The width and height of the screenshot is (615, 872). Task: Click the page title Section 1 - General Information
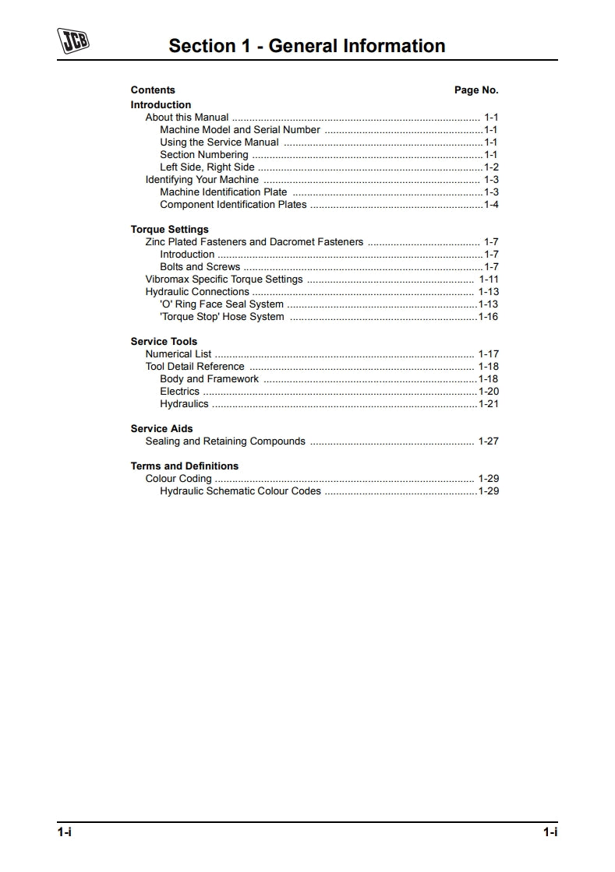(x=307, y=46)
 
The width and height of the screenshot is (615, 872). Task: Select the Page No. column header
(x=475, y=90)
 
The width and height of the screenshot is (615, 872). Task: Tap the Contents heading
(x=153, y=90)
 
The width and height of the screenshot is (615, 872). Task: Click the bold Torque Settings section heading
(x=169, y=230)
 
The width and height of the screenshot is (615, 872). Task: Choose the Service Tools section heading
(x=164, y=342)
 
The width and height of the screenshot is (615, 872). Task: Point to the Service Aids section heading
(x=161, y=429)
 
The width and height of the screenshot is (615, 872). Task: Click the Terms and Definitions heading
(x=184, y=466)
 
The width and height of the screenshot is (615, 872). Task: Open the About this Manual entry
(x=187, y=118)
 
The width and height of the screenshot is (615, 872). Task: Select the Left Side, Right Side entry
(x=207, y=167)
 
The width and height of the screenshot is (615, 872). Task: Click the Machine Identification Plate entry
(x=223, y=192)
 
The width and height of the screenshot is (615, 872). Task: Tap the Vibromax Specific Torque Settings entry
(x=224, y=280)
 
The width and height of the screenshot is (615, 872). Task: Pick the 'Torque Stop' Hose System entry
(x=221, y=317)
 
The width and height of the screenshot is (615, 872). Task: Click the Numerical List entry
(x=178, y=354)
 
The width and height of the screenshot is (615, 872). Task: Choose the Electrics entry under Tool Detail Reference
(x=179, y=392)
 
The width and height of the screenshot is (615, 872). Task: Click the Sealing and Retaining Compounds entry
(x=225, y=441)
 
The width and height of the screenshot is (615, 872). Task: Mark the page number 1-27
(x=488, y=441)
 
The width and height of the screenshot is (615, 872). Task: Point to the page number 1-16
(x=488, y=317)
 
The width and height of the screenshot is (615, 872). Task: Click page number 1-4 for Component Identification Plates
(x=491, y=205)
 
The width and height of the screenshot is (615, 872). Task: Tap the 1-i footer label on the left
(x=64, y=832)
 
